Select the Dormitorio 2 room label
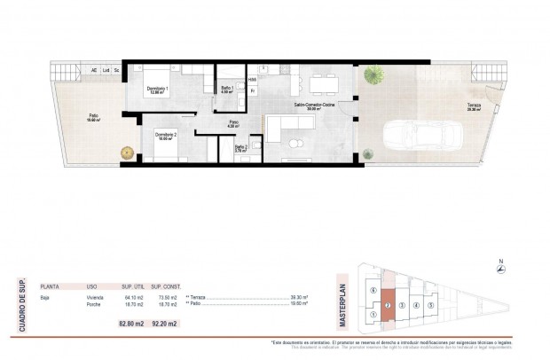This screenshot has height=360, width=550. [165, 136]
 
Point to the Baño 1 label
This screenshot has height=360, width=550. [226, 89]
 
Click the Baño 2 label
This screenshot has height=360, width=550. [240, 148]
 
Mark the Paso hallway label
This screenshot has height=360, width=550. [233, 122]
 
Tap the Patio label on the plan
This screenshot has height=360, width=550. [93, 117]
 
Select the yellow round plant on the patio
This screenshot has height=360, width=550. [125, 153]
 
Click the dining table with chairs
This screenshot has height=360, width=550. [320, 82]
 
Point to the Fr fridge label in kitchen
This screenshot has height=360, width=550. [253, 91]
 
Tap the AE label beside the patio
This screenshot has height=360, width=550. [93, 70]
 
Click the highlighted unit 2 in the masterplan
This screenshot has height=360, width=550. [388, 309]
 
